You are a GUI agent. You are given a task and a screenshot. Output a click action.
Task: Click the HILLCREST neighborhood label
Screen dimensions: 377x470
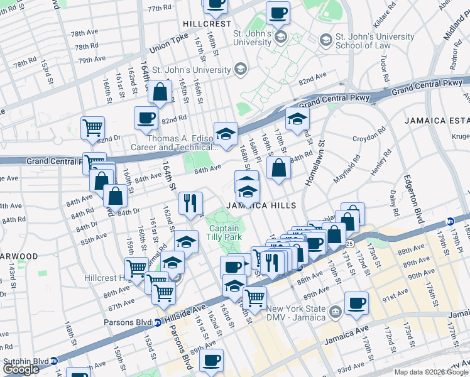202,23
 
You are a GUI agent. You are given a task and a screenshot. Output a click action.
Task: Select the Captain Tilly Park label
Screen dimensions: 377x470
224,233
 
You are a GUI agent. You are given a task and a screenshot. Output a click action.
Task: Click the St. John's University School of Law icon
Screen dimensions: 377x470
325,40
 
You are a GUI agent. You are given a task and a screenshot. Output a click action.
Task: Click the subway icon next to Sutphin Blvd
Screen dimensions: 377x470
55,361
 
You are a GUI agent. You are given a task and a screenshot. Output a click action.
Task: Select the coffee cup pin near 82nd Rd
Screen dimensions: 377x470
146,116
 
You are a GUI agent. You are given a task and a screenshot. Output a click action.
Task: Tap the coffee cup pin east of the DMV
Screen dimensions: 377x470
357,303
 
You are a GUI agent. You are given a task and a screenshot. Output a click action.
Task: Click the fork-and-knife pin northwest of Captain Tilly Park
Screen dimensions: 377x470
189,202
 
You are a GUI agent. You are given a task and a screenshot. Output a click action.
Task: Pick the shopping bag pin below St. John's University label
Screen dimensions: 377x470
161,92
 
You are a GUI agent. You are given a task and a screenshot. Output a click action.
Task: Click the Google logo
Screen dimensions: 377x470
21,369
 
